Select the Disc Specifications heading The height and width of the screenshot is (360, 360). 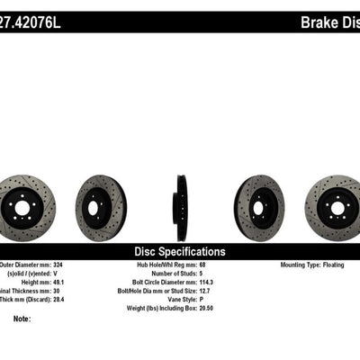point(179,252)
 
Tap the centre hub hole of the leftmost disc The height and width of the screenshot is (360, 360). point(25,202)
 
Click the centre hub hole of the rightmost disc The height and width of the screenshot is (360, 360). point(336,202)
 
